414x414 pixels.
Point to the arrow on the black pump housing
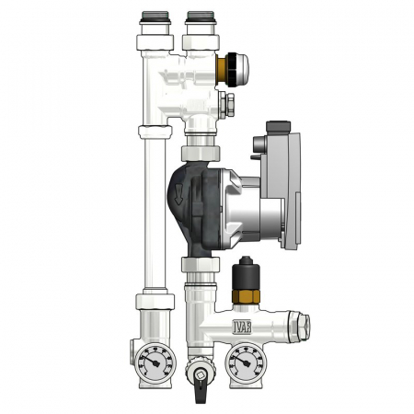click(178, 195)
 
